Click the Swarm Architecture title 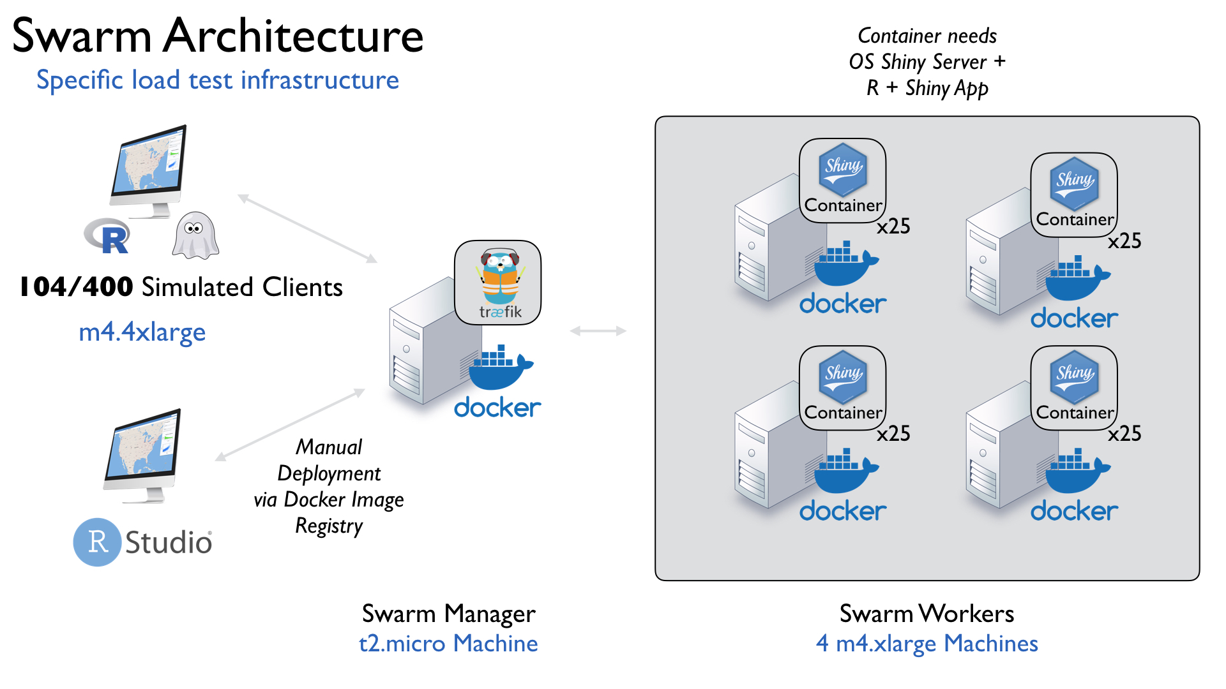pyautogui.click(x=218, y=36)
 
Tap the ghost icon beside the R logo pyautogui.click(x=195, y=235)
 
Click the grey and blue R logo pyautogui.click(x=109, y=237)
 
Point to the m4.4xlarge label pyautogui.click(x=142, y=332)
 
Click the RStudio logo pyautogui.click(x=142, y=542)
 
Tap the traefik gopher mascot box pyautogui.click(x=498, y=282)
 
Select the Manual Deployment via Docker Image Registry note pyautogui.click(x=329, y=486)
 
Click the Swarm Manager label pyautogui.click(x=448, y=614)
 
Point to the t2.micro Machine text pyautogui.click(x=448, y=643)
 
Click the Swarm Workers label pyautogui.click(x=927, y=614)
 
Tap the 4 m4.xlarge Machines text pyautogui.click(x=927, y=643)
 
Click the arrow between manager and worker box pyautogui.click(x=598, y=330)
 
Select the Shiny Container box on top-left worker pyautogui.click(x=843, y=181)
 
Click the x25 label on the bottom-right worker pyautogui.click(x=1124, y=434)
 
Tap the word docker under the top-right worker pyautogui.click(x=1074, y=318)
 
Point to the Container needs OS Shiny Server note pyautogui.click(x=927, y=62)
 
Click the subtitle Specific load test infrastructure pyautogui.click(x=218, y=80)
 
